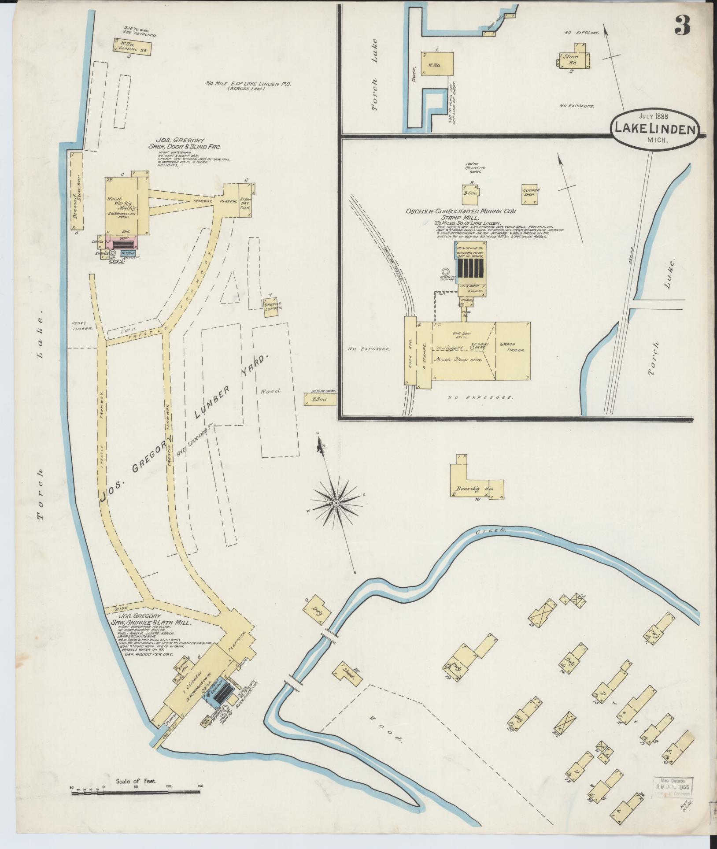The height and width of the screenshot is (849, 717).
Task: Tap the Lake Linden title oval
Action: (654, 130)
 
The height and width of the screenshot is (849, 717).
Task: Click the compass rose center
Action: (336, 503)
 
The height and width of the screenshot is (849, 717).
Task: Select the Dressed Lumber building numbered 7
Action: (273, 307)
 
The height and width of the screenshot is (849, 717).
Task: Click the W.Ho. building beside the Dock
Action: (437, 65)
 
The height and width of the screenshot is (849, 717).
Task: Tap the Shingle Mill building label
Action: (182, 672)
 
